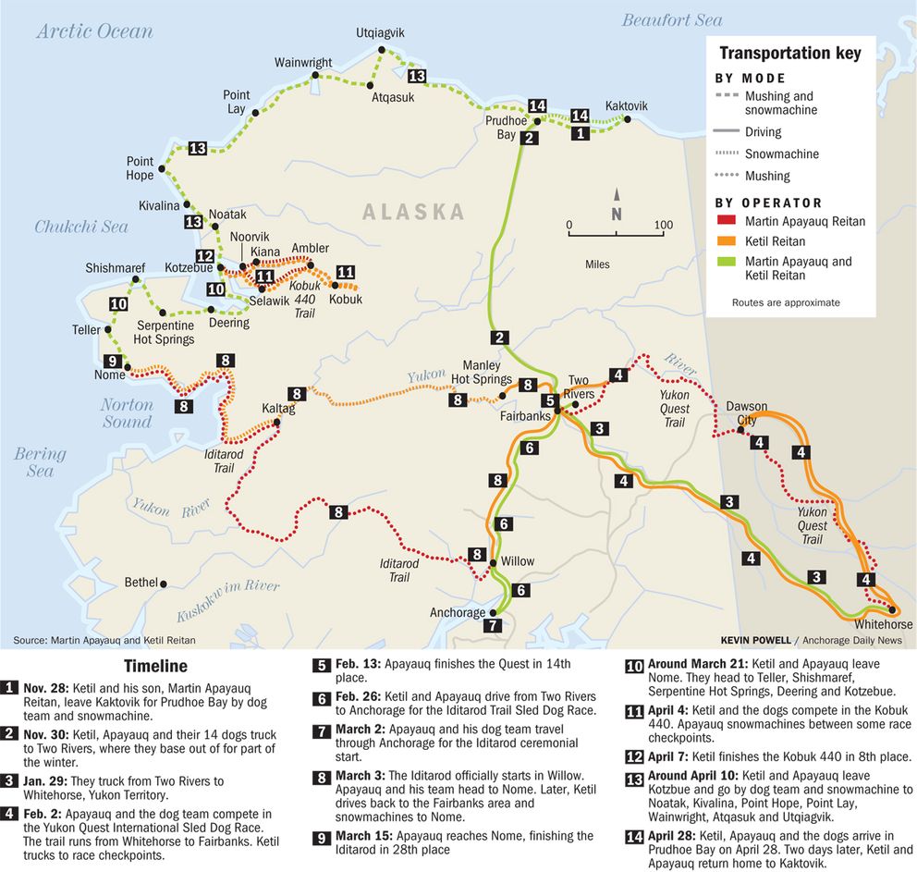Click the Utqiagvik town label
pyautogui.click(x=380, y=33)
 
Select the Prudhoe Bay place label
pyautogui.click(x=507, y=128)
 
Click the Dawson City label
pyautogui.click(x=747, y=413)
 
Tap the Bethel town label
pyautogui.click(x=141, y=583)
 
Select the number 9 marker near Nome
pyautogui.click(x=113, y=362)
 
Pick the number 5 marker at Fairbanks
pyautogui.click(x=549, y=400)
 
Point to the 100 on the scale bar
pyautogui.click(x=663, y=225)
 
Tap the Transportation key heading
pyautogui.click(x=789, y=54)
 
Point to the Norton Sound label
pyautogui.click(x=127, y=413)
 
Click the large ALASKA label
pyautogui.click(x=413, y=212)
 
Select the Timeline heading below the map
pyautogui.click(x=155, y=666)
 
